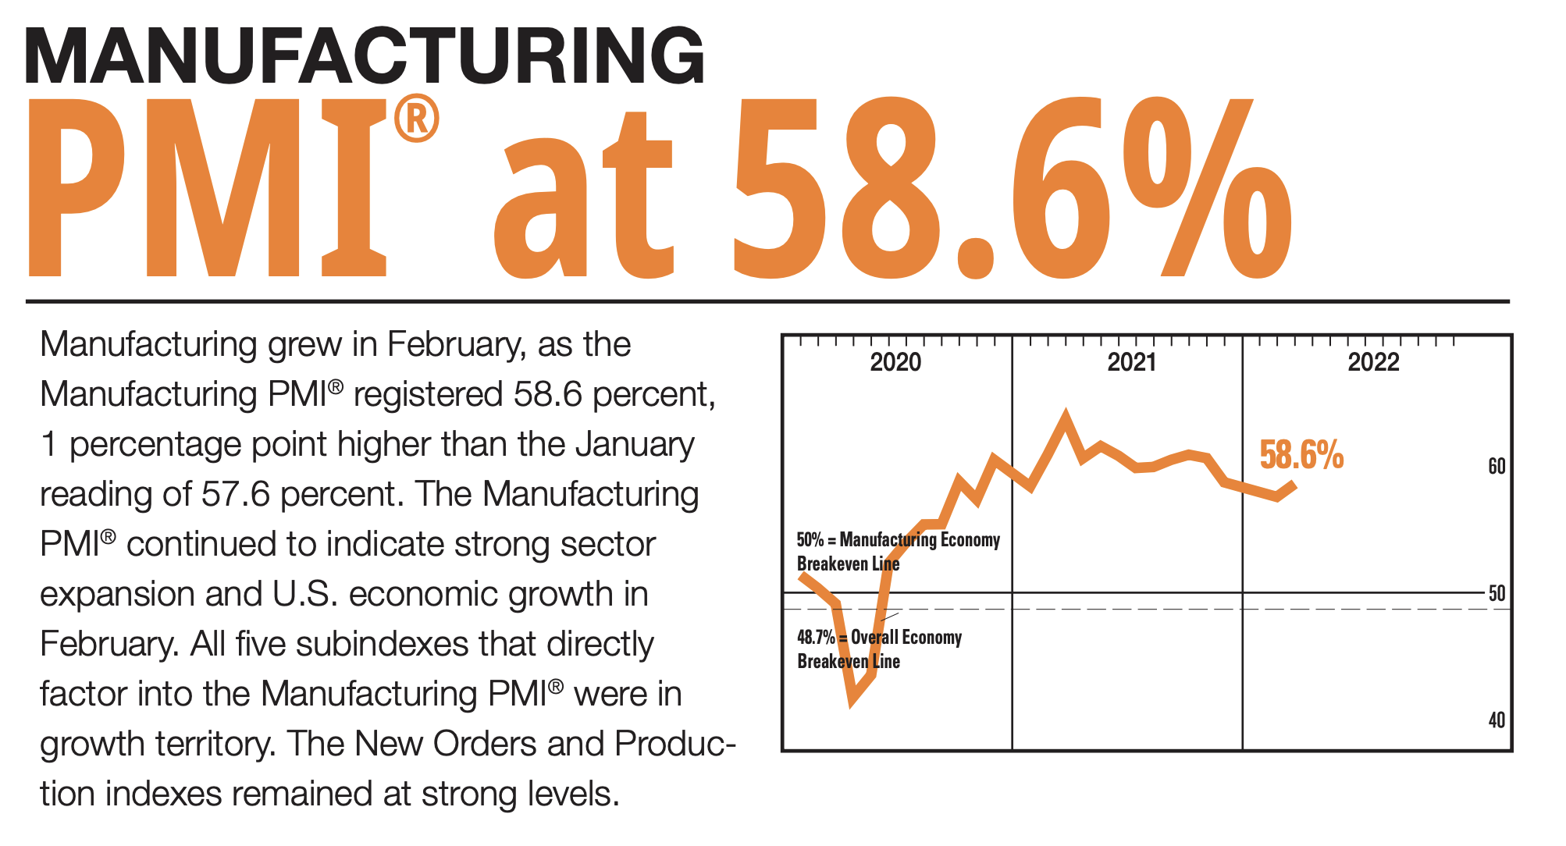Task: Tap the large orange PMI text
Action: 207,187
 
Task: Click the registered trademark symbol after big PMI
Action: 416,119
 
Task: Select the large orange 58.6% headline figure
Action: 1012,187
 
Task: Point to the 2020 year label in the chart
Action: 895,362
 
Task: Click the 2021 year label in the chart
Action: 1131,362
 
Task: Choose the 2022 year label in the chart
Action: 1373,362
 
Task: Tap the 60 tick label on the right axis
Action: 1497,467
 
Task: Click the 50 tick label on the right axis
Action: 1497,593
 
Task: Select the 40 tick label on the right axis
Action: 1497,720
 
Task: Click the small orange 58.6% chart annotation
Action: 1301,455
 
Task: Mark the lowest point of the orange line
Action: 852,701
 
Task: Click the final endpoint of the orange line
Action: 1294,484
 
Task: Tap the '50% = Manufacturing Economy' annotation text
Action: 898,540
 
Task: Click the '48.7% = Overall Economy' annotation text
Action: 879,638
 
